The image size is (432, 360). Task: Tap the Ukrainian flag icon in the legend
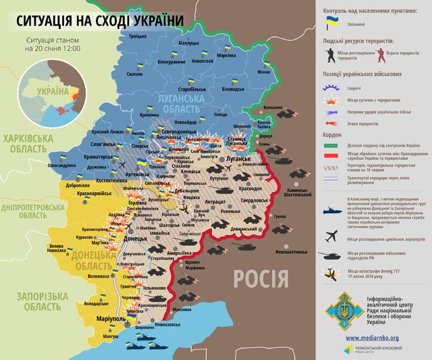coord(332,22)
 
